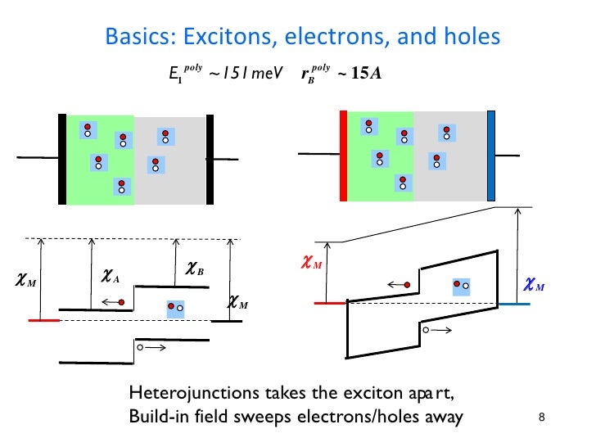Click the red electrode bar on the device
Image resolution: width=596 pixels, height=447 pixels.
344,156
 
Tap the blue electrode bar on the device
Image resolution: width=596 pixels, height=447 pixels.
491,156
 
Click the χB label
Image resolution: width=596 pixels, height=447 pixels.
195,268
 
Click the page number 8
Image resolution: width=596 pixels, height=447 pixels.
541,420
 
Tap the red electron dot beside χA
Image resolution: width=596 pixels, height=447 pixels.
122,303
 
